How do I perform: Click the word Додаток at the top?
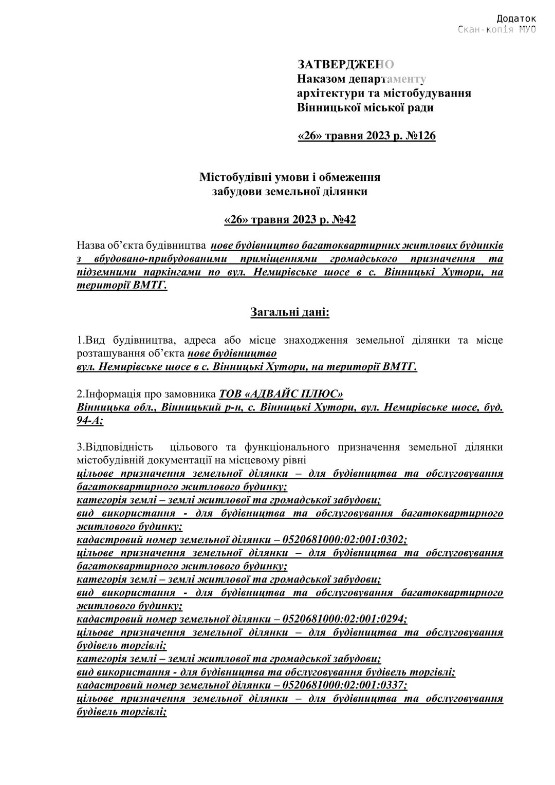tap(516, 19)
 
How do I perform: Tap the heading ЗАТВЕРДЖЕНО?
tap(345, 65)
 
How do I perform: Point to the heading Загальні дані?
tap(290, 312)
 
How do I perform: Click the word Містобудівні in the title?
tap(233, 177)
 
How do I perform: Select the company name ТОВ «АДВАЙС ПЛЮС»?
tap(281, 394)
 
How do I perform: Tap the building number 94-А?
tap(89, 421)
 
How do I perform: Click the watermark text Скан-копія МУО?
tap(496, 29)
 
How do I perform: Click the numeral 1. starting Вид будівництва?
tap(81, 340)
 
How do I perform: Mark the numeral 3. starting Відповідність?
tap(81, 447)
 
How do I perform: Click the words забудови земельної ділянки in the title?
tap(290, 192)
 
